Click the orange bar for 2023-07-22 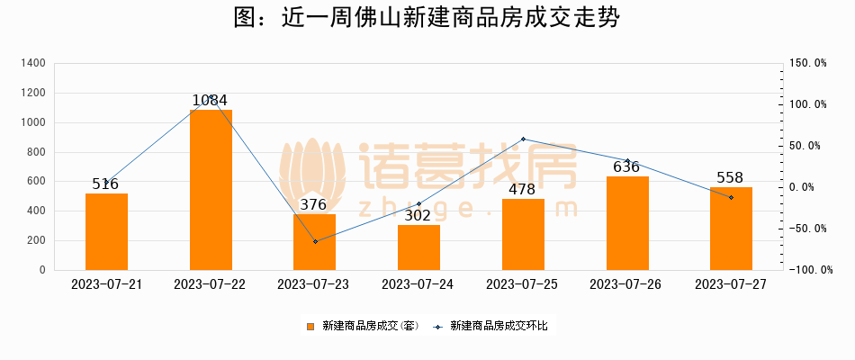211,190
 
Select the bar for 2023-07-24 418,247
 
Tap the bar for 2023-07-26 627,223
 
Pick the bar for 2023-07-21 106,231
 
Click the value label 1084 210,101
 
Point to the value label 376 313,204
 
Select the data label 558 730,177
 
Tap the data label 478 522,189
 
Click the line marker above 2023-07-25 523,139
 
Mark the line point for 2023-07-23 315,241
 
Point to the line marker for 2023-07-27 731,197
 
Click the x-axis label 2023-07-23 314,283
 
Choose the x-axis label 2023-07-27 731,283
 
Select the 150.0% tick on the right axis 807,63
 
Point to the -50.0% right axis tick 807,229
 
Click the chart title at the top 427,19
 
